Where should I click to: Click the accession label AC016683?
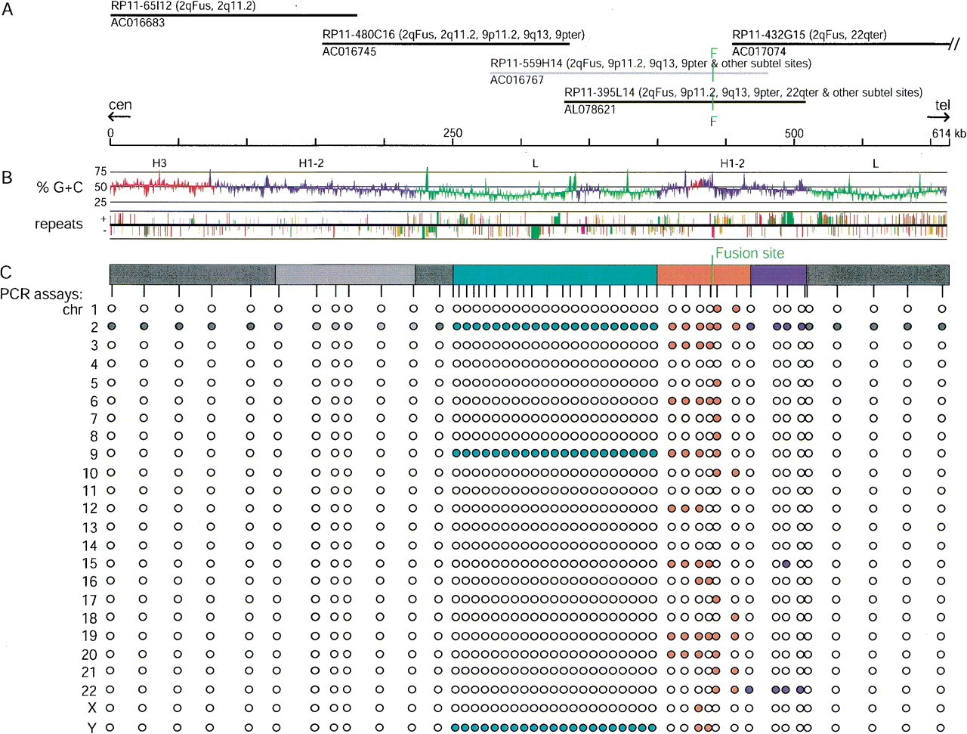[137, 23]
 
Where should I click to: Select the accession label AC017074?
[758, 51]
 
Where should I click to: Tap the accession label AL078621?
[590, 110]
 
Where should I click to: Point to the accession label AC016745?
[349, 51]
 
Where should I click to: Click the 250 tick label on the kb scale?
[453, 133]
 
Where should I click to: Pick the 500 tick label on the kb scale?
[794, 133]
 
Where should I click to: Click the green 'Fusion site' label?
[750, 253]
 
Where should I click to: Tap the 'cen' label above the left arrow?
[120, 105]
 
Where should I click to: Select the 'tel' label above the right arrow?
[942, 105]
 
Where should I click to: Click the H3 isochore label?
[159, 163]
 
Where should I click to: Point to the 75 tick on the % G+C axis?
[100, 172]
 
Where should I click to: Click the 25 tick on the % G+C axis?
[100, 203]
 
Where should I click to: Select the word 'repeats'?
[59, 224]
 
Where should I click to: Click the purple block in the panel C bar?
[778, 275]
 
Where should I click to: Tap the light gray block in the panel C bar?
[345, 275]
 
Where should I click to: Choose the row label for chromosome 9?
[94, 454]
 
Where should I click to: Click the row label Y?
[91, 727]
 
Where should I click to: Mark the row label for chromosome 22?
[89, 691]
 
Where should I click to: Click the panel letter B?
[7, 177]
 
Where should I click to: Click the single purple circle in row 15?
[786, 564]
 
